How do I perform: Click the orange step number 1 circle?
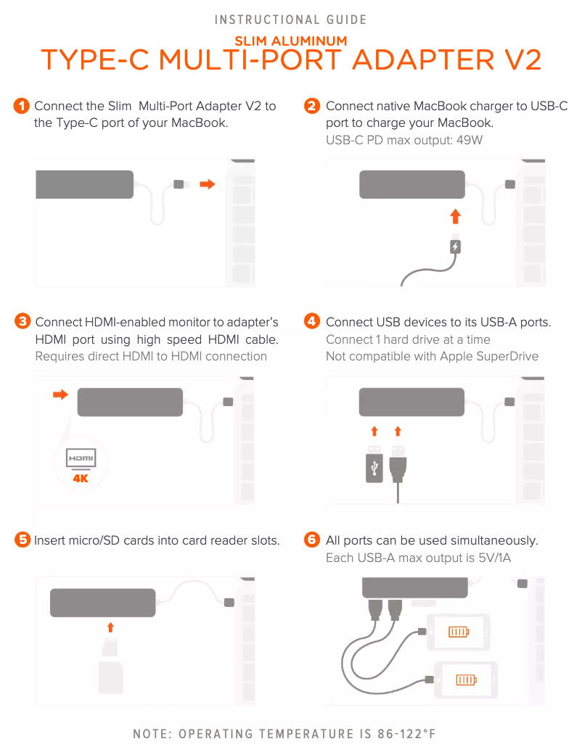click(x=22, y=105)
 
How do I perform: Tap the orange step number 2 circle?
click(x=312, y=105)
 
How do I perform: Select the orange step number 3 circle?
click(x=22, y=321)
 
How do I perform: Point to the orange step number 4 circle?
click(x=312, y=321)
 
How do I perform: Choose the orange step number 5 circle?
click(x=22, y=540)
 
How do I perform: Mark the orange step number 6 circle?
click(x=312, y=540)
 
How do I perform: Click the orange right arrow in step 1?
click(x=208, y=184)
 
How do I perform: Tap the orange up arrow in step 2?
click(x=455, y=216)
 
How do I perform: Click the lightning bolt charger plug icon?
click(x=455, y=247)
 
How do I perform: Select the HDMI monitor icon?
click(x=81, y=458)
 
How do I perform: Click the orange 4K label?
click(x=81, y=478)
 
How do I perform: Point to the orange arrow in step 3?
click(x=60, y=394)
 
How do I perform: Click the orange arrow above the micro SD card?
click(x=110, y=627)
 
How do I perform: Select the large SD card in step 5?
click(x=110, y=677)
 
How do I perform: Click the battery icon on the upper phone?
click(x=459, y=632)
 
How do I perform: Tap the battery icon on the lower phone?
click(x=466, y=679)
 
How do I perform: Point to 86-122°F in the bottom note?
click(x=407, y=734)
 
